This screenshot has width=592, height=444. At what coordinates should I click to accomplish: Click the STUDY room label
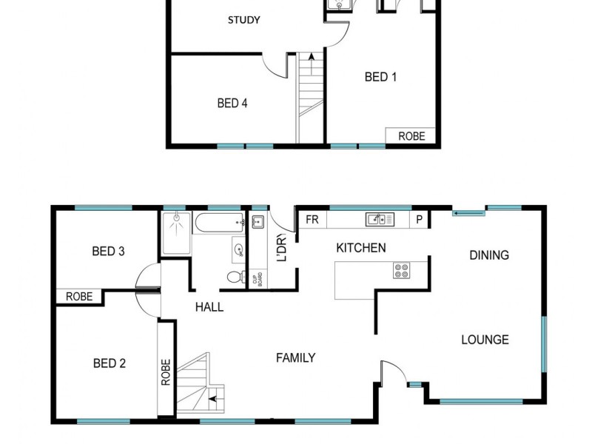click(x=243, y=20)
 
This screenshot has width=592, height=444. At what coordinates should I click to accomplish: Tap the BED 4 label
click(x=232, y=104)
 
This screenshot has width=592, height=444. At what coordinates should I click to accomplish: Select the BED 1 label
click(x=381, y=76)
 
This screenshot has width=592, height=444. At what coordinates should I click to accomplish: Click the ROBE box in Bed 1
click(x=411, y=136)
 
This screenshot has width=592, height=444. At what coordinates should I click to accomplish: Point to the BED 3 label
click(x=108, y=252)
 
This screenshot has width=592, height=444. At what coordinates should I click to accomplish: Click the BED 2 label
click(x=109, y=363)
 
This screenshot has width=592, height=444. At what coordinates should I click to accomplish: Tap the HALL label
click(x=209, y=307)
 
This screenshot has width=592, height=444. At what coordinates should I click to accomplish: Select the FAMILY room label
click(x=296, y=358)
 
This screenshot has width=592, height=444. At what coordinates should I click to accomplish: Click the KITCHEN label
click(x=360, y=248)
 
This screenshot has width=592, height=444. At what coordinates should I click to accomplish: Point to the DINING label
click(x=489, y=255)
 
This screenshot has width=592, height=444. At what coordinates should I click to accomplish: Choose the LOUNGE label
click(x=485, y=340)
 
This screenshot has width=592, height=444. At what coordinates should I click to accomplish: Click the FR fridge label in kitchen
click(x=312, y=220)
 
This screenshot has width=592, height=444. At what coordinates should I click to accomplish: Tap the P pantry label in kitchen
click(x=419, y=220)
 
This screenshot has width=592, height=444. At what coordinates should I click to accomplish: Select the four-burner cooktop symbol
click(x=402, y=271)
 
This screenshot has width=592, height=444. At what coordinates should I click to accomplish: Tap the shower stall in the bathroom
click(x=177, y=233)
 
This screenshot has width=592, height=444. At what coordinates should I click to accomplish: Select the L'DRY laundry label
click(x=281, y=248)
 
